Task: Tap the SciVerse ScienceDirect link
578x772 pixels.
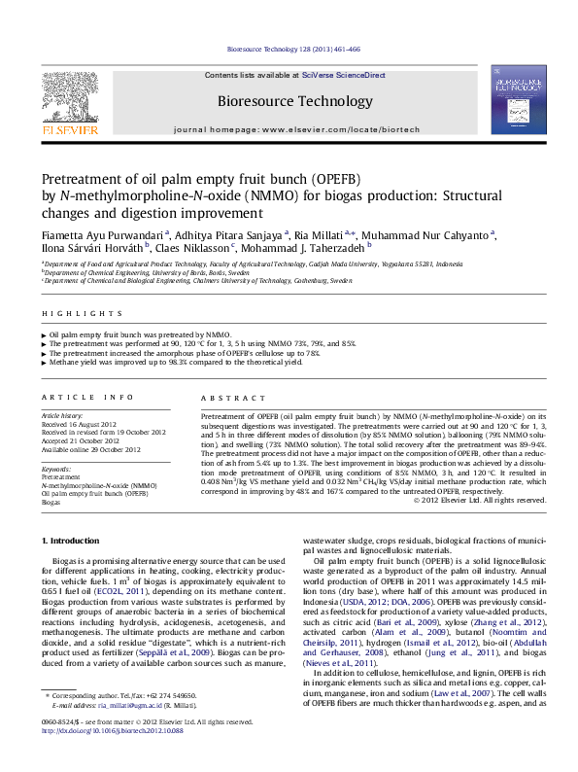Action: (x=344, y=75)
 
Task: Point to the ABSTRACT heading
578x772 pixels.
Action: (x=228, y=398)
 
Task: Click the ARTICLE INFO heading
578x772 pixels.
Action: (x=87, y=398)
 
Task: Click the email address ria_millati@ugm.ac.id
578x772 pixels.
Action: (x=117, y=732)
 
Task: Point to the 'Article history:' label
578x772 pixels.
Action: (x=63, y=415)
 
